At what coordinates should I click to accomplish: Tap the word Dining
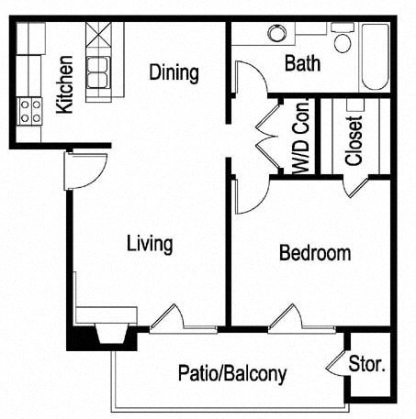coord(174,72)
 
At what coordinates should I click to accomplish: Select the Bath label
coord(302,64)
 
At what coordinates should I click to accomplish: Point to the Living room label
coord(150,244)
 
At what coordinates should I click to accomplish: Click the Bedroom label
coord(315,253)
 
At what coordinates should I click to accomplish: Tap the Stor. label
coord(367,364)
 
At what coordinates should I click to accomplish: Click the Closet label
coord(354,140)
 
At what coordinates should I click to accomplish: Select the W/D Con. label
coord(300,138)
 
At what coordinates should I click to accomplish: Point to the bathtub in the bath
coord(374,57)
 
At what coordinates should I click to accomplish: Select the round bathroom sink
coord(276,33)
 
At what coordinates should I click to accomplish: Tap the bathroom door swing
coord(250,78)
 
